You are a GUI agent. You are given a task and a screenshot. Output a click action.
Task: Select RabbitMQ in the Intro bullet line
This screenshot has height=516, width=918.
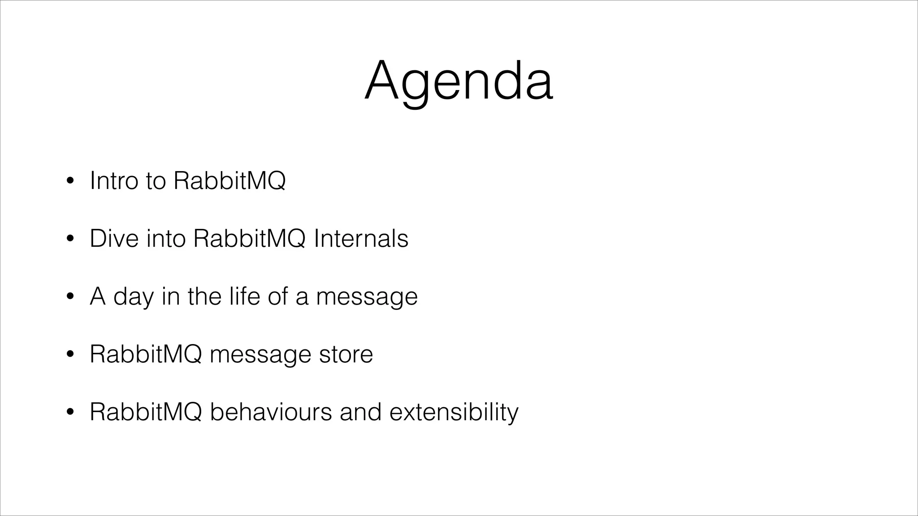(229, 181)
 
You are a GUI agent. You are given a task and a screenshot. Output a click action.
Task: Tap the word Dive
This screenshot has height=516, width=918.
(114, 238)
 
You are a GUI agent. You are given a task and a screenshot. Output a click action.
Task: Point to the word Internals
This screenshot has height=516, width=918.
(361, 238)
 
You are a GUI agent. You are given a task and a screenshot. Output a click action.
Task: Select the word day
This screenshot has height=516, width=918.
(133, 297)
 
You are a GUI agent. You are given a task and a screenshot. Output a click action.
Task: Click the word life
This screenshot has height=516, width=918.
(244, 296)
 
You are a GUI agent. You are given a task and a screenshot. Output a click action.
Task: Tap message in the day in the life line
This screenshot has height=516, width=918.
(367, 297)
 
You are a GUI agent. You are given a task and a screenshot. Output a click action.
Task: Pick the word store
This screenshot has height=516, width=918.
(346, 354)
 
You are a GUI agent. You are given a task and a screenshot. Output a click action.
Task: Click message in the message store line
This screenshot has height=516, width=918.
(260, 355)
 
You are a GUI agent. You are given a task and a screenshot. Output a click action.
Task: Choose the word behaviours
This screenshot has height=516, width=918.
(271, 412)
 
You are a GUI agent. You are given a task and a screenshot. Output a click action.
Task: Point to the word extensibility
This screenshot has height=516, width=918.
(454, 412)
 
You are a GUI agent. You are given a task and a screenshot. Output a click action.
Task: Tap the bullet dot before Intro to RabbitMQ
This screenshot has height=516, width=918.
(69, 181)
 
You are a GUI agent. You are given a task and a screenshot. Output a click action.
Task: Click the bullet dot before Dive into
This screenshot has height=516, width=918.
(69, 239)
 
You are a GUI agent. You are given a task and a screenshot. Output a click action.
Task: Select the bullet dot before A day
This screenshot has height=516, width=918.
(69, 297)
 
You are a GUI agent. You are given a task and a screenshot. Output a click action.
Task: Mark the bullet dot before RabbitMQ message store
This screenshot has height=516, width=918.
(69, 355)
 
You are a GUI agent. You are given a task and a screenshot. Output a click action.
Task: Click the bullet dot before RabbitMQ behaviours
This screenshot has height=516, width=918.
(69, 413)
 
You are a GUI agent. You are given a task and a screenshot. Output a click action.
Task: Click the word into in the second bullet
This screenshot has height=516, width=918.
(166, 238)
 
